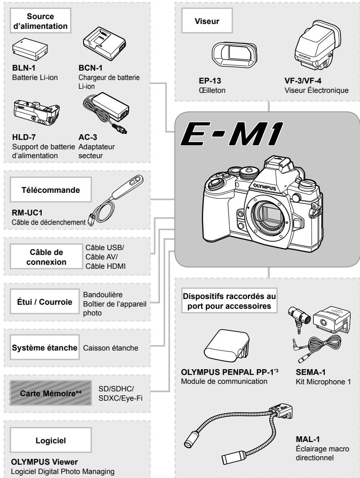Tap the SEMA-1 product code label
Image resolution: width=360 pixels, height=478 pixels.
click(307, 372)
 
